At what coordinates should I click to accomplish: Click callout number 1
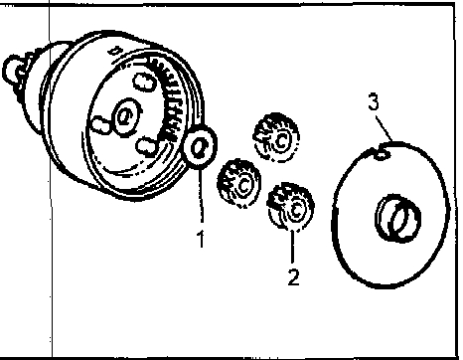(201, 239)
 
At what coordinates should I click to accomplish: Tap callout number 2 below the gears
(294, 276)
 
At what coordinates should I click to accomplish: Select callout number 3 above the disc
(374, 101)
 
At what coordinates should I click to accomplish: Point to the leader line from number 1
(201, 196)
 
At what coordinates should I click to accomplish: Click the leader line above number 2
(292, 248)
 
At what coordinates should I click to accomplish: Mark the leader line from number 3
(385, 127)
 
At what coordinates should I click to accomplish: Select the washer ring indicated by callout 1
(200, 147)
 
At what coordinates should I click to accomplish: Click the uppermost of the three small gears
(276, 137)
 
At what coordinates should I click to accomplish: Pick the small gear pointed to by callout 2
(291, 206)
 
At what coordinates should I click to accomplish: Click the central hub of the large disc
(397, 218)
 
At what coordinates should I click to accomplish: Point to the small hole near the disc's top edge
(381, 154)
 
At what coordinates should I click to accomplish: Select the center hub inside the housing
(126, 116)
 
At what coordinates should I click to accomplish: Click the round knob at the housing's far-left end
(13, 71)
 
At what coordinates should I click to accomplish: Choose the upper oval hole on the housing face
(144, 82)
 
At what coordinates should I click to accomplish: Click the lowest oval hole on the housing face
(146, 146)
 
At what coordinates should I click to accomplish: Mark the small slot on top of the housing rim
(115, 51)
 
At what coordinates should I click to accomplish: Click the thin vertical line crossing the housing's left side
(51, 179)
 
